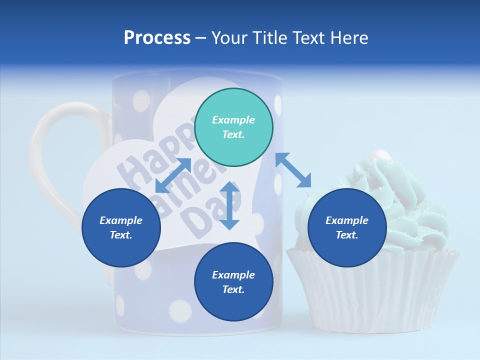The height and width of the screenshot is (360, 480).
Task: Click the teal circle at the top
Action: [233, 127]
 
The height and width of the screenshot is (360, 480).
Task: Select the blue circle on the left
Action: [121, 228]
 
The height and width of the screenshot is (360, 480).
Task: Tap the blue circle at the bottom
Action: [233, 282]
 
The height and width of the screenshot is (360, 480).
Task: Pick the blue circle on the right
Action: [347, 228]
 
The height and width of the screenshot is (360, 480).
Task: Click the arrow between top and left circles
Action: [173, 175]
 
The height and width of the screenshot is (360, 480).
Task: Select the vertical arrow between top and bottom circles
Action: [229, 205]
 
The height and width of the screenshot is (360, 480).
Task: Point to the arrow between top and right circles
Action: [293, 170]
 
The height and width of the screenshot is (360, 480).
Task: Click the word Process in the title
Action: [157, 38]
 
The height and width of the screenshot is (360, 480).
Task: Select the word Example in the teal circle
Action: [233, 120]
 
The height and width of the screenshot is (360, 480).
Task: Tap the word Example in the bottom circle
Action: [233, 275]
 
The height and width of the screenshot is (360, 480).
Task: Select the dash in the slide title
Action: [200, 38]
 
